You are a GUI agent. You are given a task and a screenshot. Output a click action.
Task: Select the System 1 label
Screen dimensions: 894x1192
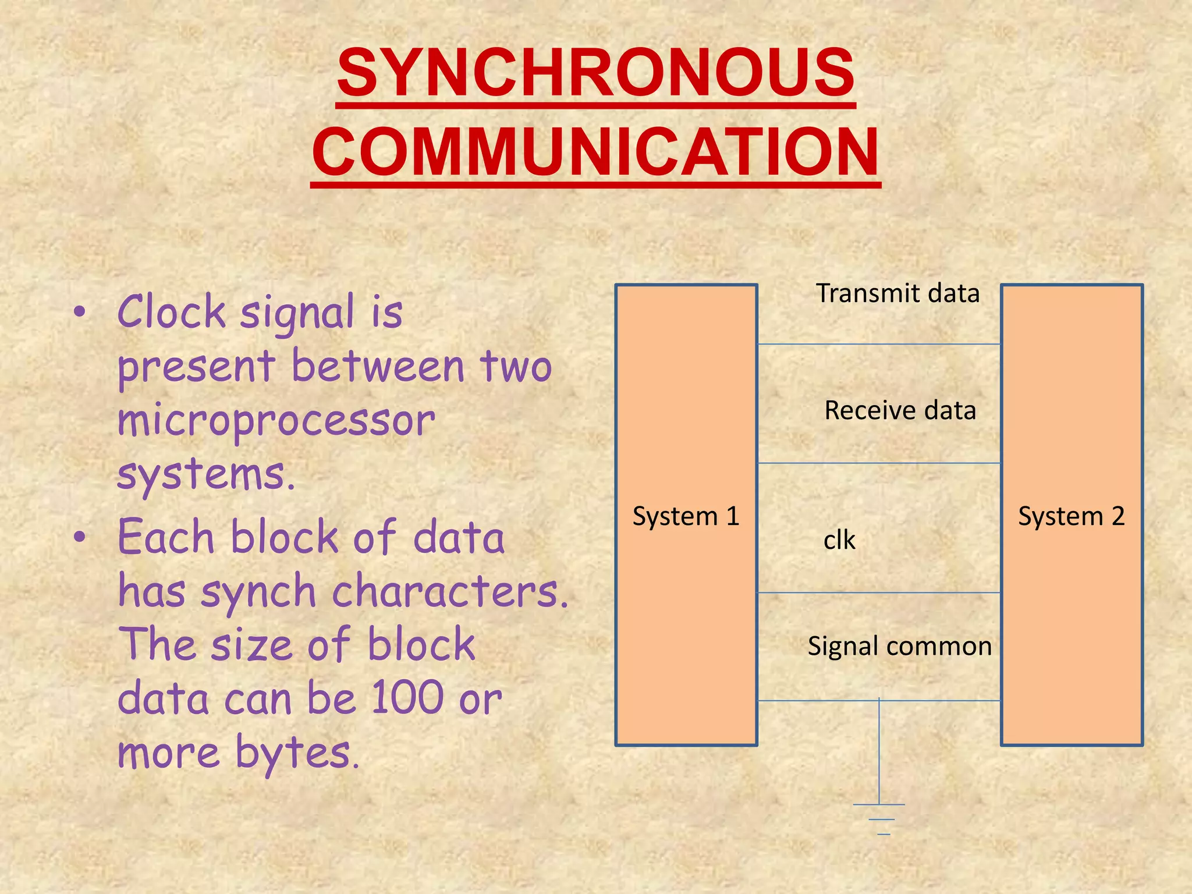pyautogui.click(x=686, y=516)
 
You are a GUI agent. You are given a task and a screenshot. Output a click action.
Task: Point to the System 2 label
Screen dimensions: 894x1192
pyautogui.click(x=1071, y=516)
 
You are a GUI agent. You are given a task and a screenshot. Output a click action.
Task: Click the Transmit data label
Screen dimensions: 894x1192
pyautogui.click(x=897, y=293)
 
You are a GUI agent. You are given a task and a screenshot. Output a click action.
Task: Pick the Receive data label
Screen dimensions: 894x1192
pyautogui.click(x=900, y=410)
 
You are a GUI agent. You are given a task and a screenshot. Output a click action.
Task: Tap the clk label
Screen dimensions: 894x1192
pyautogui.click(x=839, y=541)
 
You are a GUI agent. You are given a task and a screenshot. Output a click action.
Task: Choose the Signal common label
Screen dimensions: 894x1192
pyautogui.click(x=899, y=647)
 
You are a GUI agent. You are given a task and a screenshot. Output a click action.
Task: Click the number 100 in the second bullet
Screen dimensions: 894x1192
pyautogui.click(x=406, y=697)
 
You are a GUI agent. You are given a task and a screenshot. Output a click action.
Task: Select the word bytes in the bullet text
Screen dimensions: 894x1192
pyautogui.click(x=297, y=753)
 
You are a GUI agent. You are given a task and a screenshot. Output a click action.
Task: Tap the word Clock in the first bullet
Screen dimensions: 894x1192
pyautogui.click(x=172, y=312)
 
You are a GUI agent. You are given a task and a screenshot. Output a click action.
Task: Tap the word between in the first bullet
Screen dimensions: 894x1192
pyautogui.click(x=378, y=367)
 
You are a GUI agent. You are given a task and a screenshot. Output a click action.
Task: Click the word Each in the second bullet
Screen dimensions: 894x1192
pyautogui.click(x=166, y=537)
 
